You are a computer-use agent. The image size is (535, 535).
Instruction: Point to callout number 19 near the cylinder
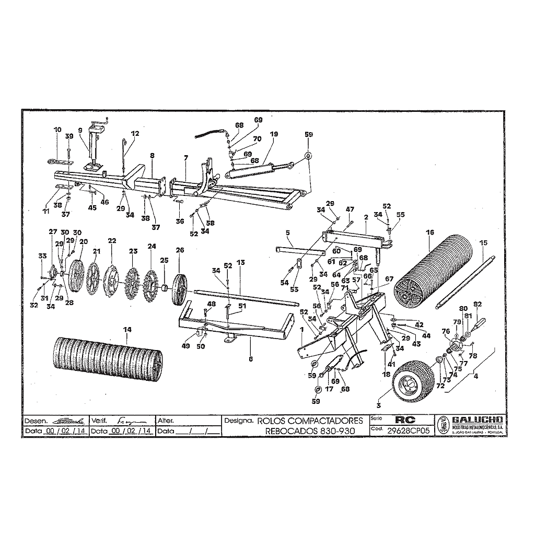coord(274,134)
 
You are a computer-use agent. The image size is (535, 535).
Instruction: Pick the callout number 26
coord(180,250)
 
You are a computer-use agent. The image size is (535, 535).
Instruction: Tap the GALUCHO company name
coord(477,420)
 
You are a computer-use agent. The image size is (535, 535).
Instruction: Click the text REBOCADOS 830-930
coord(310,431)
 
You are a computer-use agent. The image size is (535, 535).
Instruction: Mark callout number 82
coord(477,304)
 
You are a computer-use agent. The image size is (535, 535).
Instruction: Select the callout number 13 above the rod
coord(240,261)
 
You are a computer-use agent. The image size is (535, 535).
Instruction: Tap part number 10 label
coord(57,130)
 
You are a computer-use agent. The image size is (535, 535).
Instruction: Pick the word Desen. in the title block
coord(36,421)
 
